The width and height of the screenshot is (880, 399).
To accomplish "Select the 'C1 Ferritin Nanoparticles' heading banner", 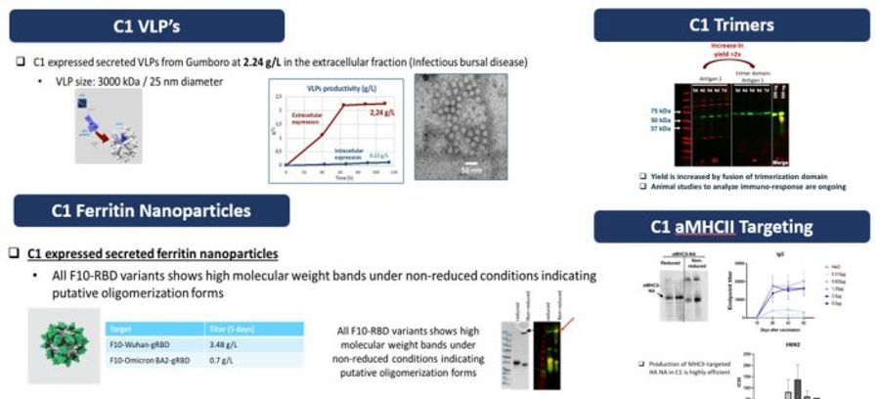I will tap(151, 210).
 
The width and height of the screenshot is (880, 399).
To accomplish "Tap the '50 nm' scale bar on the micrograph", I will tap(471, 167).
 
